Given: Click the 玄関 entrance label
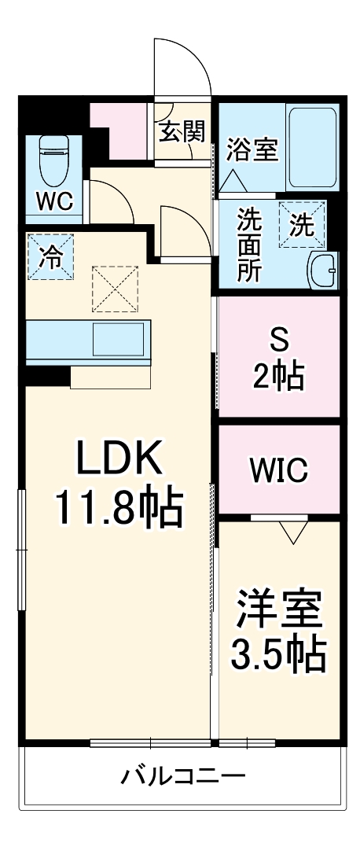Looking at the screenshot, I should [x=182, y=131].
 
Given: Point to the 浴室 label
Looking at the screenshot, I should [x=252, y=149].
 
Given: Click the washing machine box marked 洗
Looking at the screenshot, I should [x=302, y=224].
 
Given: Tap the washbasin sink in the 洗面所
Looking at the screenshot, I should [x=322, y=272].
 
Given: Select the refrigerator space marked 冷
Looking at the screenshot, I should [x=49, y=257].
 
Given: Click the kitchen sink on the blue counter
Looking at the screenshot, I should [x=119, y=341].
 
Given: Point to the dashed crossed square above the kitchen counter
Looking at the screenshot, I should [x=115, y=289].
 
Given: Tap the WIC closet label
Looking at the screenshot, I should [x=279, y=470].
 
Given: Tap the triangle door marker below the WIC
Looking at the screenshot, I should [x=291, y=532].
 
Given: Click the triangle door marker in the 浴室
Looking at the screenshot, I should [x=233, y=182].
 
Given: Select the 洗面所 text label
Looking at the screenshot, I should [x=251, y=244].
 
